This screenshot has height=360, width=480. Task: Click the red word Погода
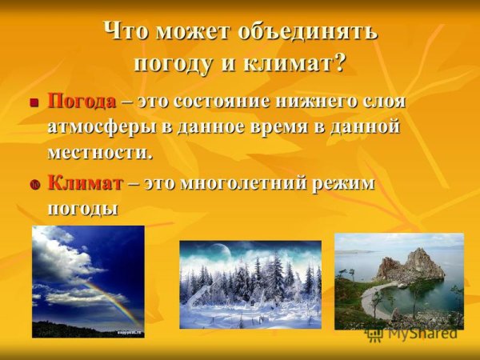click(82, 102)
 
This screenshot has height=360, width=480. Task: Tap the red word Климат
click(85, 182)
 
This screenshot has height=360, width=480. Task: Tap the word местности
click(99, 150)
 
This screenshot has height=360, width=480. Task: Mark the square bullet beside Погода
click(34, 103)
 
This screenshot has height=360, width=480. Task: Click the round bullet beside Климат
click(34, 184)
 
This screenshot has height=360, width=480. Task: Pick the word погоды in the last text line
click(83, 207)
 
